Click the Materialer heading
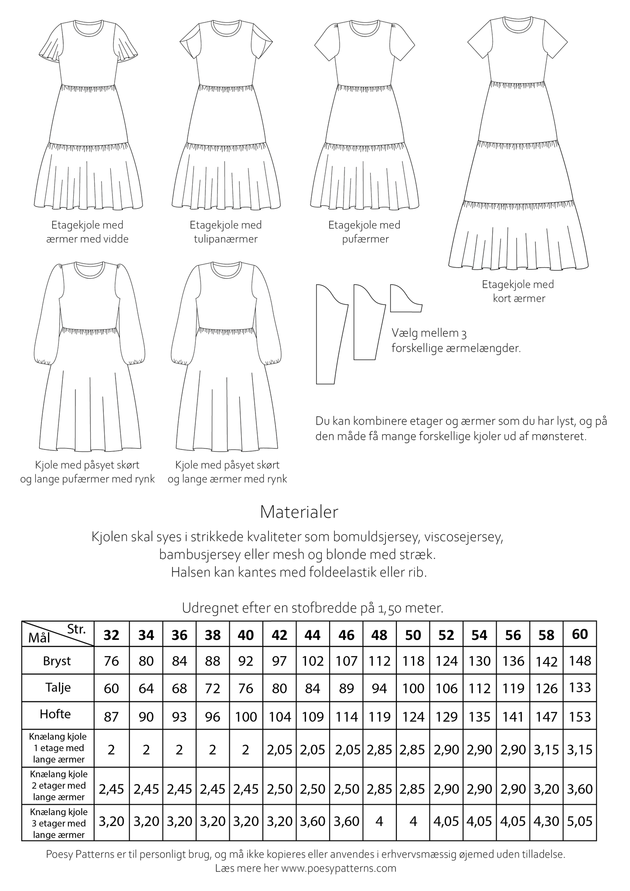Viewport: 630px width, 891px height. [x=299, y=512]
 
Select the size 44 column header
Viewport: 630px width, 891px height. [x=313, y=635]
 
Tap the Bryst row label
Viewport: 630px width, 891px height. [x=57, y=661]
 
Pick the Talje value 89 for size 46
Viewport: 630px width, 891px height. [x=347, y=688]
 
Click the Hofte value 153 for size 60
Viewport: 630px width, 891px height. [x=580, y=717]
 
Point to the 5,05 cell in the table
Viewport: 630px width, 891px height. [x=580, y=822]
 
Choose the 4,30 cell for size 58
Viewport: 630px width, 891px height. [x=546, y=822]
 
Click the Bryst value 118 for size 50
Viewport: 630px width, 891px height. [x=413, y=661]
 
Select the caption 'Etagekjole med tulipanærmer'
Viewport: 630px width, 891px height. [x=226, y=232]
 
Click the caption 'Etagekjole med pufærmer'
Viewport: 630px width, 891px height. [x=364, y=232]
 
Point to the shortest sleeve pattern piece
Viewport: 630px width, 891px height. [x=405, y=299]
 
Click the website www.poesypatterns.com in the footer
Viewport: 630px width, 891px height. [x=339, y=868]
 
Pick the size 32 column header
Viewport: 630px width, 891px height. [x=112, y=635]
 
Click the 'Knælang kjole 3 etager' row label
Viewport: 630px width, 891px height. [x=58, y=823]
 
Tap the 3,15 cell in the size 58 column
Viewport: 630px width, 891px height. [x=546, y=750]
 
